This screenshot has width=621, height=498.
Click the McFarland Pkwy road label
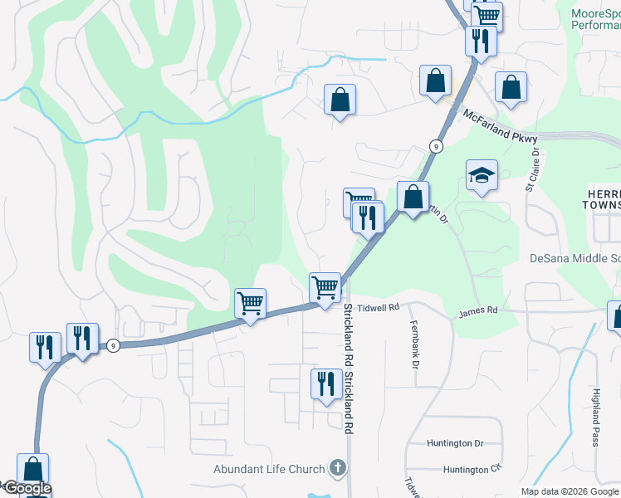pos(500,127)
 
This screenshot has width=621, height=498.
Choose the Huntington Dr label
pos(455,444)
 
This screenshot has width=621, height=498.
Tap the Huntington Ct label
pos(472,470)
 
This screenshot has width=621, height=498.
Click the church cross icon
pos(337,467)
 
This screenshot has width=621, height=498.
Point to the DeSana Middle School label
pos(575,258)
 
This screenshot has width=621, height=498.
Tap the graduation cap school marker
pos(481,174)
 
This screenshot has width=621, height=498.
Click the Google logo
pos(27,489)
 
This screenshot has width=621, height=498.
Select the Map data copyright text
pos(570,491)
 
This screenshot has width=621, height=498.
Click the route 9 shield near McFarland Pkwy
pos(435,146)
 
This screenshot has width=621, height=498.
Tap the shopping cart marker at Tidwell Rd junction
pos(325,286)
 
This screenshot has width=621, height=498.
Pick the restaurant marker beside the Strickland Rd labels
pos(324,383)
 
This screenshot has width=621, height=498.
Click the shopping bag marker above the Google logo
pos(32,469)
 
